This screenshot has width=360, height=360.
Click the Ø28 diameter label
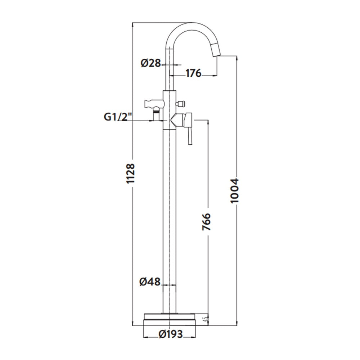tap(151, 63)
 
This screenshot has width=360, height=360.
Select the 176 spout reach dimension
tap(193, 73)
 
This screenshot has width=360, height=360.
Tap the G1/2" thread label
tap(118, 117)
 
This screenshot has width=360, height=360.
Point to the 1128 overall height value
tap(130, 174)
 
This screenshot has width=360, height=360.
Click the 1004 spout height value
tap(234, 190)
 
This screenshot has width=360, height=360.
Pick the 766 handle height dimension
tap(206, 221)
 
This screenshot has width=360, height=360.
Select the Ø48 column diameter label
tap(150, 282)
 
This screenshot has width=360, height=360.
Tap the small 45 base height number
tap(206, 319)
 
